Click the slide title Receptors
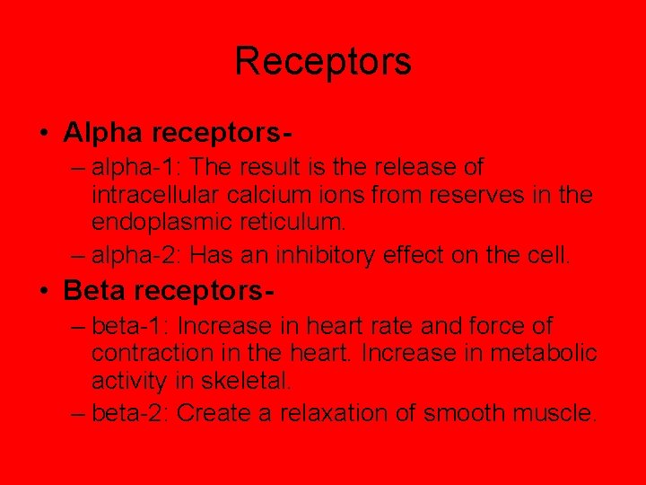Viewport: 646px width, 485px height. tap(323, 61)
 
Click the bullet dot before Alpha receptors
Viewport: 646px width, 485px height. tap(44, 134)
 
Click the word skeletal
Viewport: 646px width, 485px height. tap(247, 380)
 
